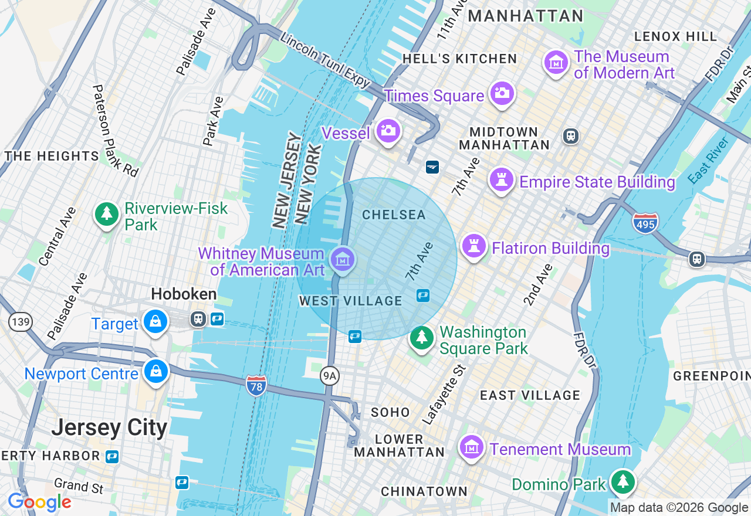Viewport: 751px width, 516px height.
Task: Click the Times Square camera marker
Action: [502, 93]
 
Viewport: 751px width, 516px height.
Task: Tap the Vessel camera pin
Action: [388, 131]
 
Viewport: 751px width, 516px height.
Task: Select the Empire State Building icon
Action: [502, 179]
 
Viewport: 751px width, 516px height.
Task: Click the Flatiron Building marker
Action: [474, 246]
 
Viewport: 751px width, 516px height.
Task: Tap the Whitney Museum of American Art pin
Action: [343, 259]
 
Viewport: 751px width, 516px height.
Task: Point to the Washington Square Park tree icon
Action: [421, 338]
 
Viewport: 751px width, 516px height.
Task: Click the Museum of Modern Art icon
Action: [556, 62]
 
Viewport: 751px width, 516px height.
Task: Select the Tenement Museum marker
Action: [472, 447]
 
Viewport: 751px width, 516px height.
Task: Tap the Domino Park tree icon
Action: [623, 482]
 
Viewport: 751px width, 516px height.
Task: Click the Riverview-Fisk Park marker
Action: [107, 214]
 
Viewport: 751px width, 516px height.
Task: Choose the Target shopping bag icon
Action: [155, 321]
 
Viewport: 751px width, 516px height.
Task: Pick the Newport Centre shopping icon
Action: [157, 371]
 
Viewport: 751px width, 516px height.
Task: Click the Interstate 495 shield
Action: [645, 223]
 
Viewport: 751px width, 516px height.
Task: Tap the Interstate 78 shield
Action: [256, 385]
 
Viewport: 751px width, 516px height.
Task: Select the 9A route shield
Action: [330, 376]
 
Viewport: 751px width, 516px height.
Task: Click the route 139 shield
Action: [21, 321]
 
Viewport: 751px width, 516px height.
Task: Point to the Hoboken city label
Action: [184, 294]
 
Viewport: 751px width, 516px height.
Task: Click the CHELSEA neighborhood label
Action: [394, 215]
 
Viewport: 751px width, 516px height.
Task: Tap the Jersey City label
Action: [109, 427]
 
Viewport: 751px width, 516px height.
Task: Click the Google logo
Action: [39, 503]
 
